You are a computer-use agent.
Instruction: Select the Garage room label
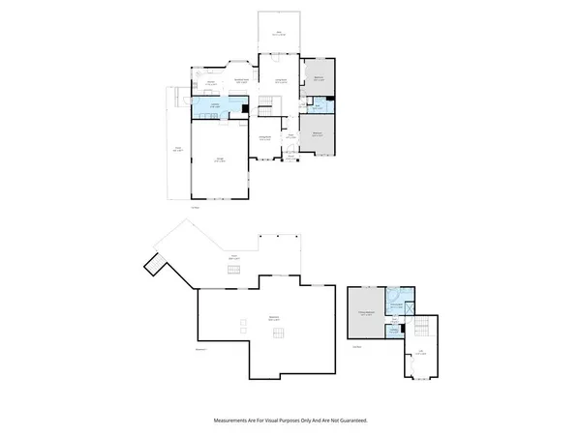[218, 160]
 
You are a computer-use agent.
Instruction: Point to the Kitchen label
[211, 83]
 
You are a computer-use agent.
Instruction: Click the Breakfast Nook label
[244, 80]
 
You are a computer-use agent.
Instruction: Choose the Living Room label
[281, 81]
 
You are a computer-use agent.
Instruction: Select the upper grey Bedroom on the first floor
[319, 80]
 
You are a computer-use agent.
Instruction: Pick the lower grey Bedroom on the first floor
[318, 136]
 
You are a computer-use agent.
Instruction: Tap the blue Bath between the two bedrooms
[316, 107]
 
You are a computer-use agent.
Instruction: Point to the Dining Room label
[263, 138]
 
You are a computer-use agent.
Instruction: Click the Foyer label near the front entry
[289, 138]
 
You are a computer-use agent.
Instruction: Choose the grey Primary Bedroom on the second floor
[366, 312]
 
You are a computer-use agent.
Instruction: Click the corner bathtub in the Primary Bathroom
[398, 294]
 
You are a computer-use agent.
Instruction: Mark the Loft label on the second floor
[419, 353]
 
